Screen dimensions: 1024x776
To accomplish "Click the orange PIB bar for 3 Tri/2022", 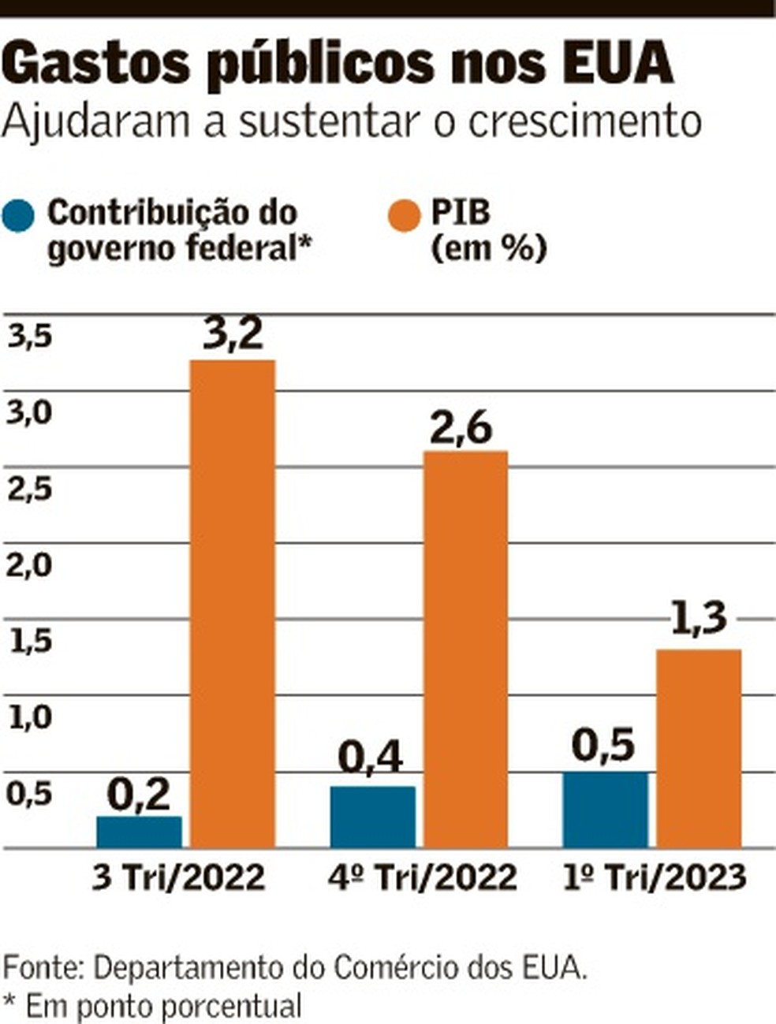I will (x=233, y=603).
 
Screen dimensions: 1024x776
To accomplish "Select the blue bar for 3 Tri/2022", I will (x=139, y=832).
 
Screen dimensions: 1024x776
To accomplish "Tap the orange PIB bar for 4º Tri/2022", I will (x=465, y=649).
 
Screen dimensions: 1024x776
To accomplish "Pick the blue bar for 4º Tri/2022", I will (x=372, y=817).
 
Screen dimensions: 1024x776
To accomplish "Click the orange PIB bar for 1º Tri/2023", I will (x=699, y=748).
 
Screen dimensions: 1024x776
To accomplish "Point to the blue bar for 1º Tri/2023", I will (x=605, y=810).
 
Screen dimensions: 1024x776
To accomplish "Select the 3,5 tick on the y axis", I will (x=30, y=337).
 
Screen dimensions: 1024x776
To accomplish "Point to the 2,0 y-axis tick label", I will (x=30, y=565).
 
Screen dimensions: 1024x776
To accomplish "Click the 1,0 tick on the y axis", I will (x=30, y=717).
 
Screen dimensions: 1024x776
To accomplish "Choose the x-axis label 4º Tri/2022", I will (x=423, y=877).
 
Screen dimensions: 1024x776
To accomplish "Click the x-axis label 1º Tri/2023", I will (x=655, y=877).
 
